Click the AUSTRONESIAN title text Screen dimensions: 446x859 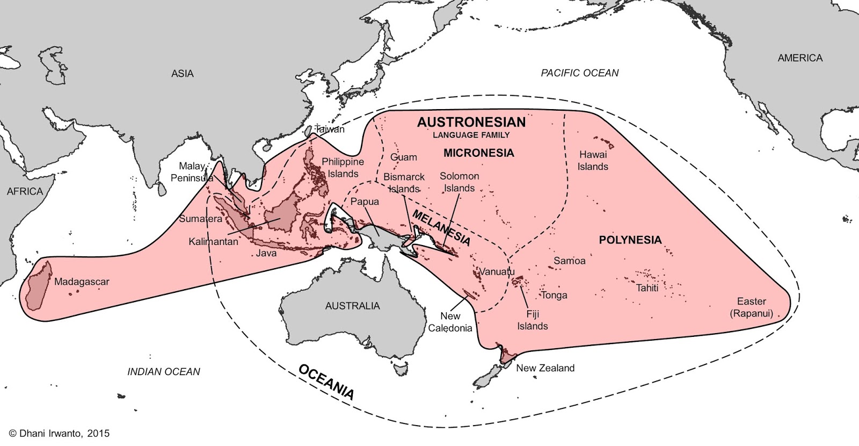pos(471,122)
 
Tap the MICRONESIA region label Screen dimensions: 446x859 pos(478,153)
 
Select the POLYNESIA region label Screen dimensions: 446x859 pos(630,240)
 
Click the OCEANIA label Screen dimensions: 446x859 pos(325,382)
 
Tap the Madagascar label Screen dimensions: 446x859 pos(82,282)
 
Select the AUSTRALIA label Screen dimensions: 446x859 pos(352,306)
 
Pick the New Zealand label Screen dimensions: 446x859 pos(545,368)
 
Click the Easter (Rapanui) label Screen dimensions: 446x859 pos(751,307)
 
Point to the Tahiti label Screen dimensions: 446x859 pos(647,288)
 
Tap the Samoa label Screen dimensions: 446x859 pos(569,261)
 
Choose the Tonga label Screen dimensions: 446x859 pos(554,295)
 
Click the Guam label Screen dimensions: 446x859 pos(403,157)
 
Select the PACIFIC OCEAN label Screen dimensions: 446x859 pos(579,73)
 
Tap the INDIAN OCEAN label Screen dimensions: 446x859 pos(163,371)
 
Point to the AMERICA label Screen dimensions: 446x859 pos(799,58)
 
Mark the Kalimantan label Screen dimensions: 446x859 pos(213,241)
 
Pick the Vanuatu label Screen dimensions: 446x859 pos(497,271)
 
